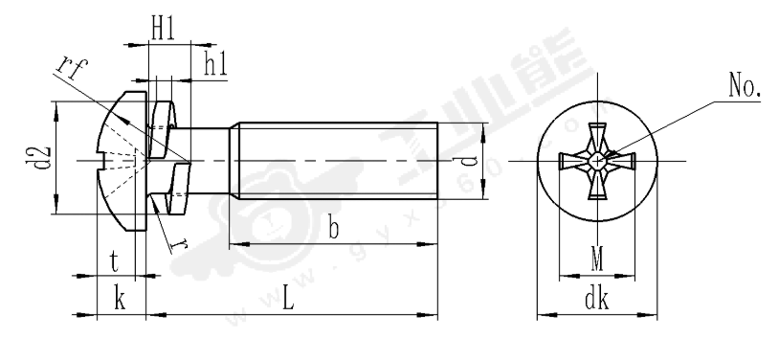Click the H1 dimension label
166,30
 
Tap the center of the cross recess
597,161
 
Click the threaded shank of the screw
335,160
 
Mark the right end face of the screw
437,160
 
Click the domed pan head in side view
120,160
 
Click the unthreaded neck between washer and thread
209,160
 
